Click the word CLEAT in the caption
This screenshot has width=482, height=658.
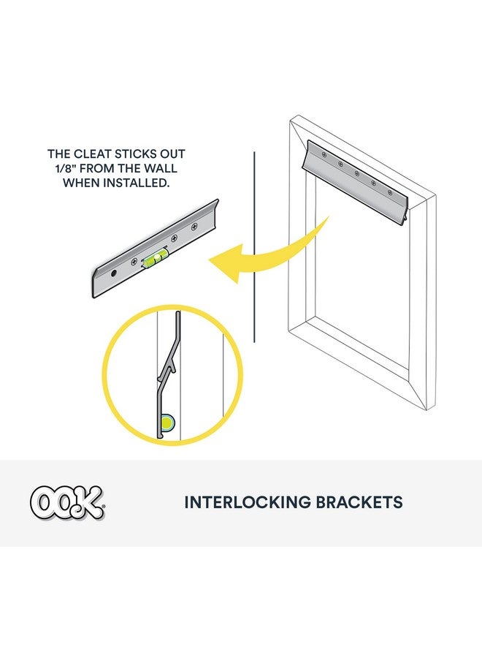click(92, 154)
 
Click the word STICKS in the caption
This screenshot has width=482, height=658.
click(135, 154)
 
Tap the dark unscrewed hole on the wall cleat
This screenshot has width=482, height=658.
click(114, 273)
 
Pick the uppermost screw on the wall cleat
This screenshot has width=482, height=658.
click(194, 227)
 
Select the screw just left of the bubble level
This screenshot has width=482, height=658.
click(134, 262)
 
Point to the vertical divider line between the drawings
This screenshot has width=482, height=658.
click(254, 247)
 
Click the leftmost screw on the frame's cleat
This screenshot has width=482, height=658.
click(324, 154)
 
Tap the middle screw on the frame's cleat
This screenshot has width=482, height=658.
click(356, 173)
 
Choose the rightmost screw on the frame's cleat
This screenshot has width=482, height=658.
click(390, 192)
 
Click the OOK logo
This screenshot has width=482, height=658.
click(67, 502)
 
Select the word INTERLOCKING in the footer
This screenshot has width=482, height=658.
click(248, 502)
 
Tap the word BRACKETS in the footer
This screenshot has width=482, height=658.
click(359, 502)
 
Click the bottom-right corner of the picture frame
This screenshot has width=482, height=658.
click(427, 410)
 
